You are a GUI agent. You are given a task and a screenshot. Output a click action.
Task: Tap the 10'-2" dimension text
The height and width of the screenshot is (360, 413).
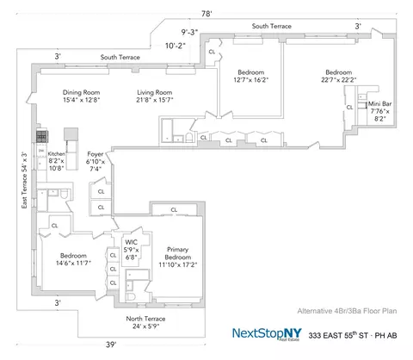(x=176, y=49)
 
